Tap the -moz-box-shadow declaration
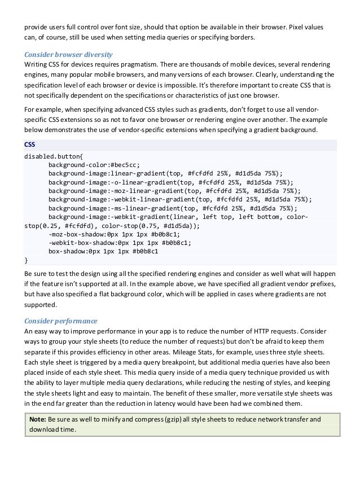[115, 234]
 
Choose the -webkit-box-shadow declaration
[119, 243]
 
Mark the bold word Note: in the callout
[38, 419]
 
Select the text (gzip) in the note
[170, 419]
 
